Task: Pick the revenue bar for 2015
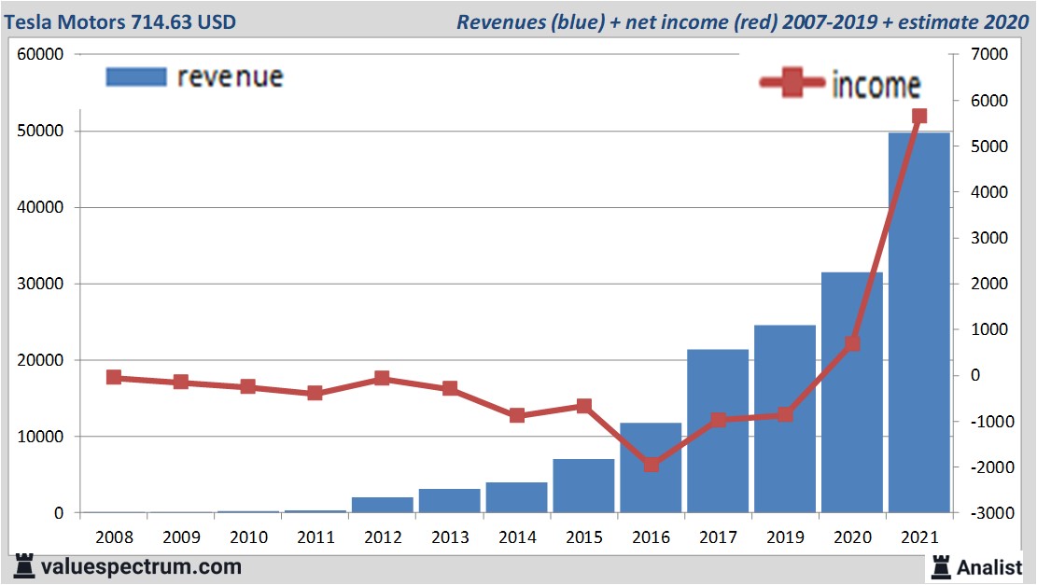[x=583, y=485]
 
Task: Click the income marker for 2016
[x=651, y=464]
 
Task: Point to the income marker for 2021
[x=918, y=117]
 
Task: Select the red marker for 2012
[x=383, y=378]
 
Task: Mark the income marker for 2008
[x=114, y=377]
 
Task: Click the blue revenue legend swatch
[x=136, y=77]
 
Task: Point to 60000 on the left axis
[x=40, y=54]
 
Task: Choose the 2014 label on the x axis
[x=516, y=537]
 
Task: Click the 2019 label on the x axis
[x=785, y=537]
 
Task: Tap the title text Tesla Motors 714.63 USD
[x=119, y=21]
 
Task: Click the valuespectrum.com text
[x=139, y=566]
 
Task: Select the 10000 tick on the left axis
[x=40, y=437]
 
